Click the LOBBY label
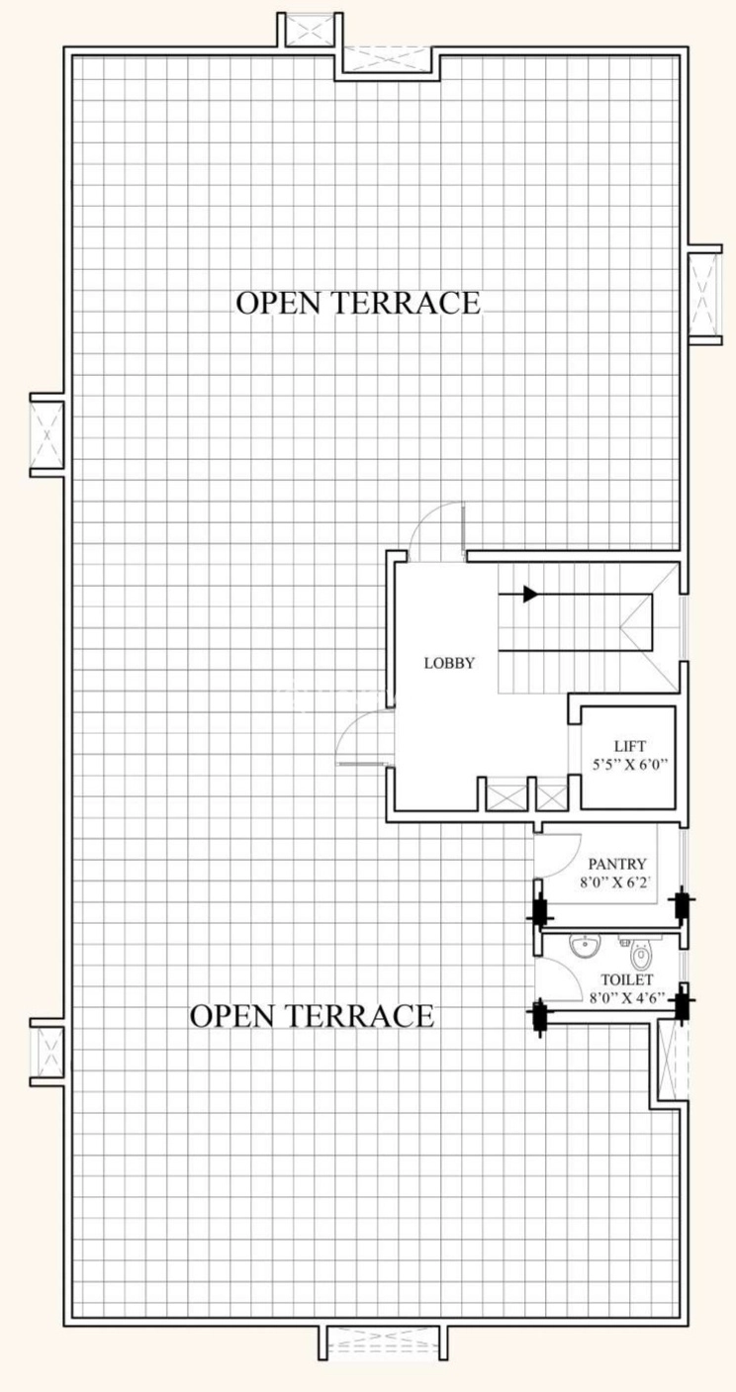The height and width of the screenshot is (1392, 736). click(450, 663)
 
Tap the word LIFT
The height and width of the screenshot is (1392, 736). click(629, 746)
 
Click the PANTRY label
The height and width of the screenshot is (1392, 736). click(616, 863)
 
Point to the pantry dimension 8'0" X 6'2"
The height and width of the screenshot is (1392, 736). click(616, 882)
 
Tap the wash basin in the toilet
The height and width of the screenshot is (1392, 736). click(585, 947)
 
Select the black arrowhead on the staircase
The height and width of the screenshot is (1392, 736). click(531, 595)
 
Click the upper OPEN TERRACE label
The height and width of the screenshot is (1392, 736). click(357, 303)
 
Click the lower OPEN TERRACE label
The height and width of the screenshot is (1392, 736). click(311, 1015)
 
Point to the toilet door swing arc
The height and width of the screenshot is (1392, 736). click(560, 974)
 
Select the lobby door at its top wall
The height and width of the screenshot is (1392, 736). click(437, 529)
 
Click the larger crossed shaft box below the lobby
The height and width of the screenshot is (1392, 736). click(504, 794)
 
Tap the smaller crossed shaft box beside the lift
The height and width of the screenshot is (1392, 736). click(548, 794)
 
